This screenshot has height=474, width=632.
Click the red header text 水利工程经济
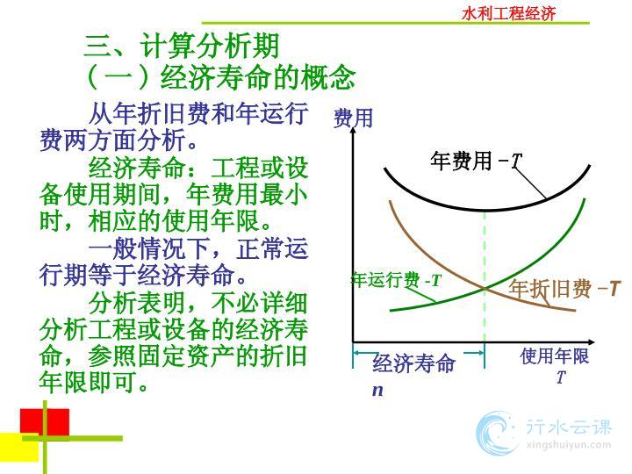508,14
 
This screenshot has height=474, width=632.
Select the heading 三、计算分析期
182,46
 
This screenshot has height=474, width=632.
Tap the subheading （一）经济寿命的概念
220,76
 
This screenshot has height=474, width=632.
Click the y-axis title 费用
353,118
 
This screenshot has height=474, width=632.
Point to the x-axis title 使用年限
554,356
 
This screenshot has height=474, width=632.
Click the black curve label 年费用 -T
477,161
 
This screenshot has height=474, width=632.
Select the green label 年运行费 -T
397,280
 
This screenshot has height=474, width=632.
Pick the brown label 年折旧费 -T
564,289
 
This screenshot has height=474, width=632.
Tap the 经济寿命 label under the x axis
413,363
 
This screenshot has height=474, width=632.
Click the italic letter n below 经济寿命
377,390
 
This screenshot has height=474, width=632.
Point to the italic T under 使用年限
561,377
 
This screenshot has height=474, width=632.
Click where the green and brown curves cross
485,288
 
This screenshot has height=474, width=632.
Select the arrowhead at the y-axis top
353,130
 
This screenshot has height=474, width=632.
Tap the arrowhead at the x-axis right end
591,341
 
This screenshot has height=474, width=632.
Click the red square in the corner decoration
45,422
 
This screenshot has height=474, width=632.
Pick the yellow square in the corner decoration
19,448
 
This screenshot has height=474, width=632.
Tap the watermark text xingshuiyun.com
568,445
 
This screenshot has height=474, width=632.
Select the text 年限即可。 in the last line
95,382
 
